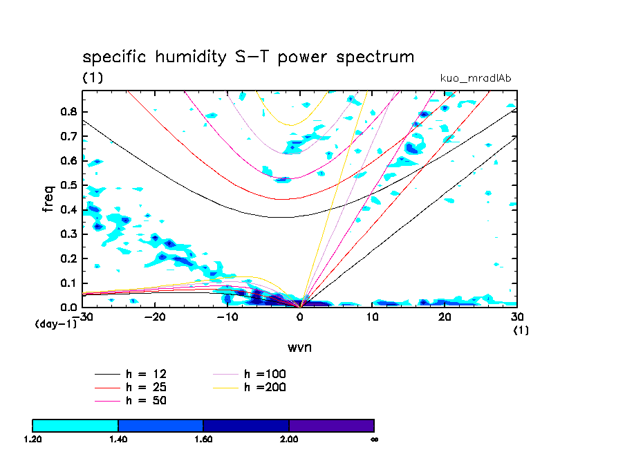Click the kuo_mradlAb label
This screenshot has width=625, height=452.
(x=476, y=78)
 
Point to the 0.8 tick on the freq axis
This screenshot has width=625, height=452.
(x=68, y=112)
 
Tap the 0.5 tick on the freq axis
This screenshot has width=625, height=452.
(x=68, y=185)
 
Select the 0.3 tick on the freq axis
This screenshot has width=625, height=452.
(x=68, y=234)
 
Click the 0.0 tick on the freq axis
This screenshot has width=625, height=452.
(x=68, y=307)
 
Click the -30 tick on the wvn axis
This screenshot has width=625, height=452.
(x=84, y=316)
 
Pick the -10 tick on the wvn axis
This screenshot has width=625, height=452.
(x=227, y=316)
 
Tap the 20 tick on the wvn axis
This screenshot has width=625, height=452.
(x=445, y=316)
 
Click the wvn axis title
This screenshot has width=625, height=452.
(x=299, y=347)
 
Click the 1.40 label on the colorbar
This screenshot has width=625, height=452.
(x=118, y=438)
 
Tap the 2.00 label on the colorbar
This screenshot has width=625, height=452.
(x=289, y=438)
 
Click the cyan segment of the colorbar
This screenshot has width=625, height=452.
(x=75, y=425)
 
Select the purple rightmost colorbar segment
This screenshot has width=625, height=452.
(x=331, y=425)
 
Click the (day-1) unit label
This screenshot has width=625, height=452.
(x=55, y=324)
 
